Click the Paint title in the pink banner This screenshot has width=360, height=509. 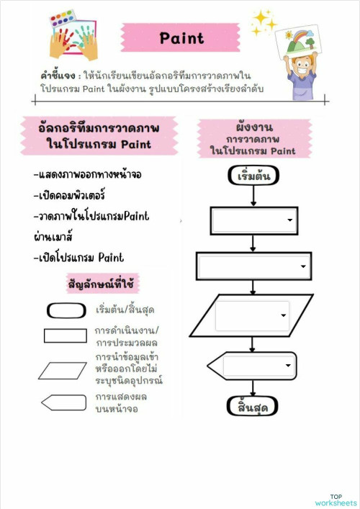tap(181, 38)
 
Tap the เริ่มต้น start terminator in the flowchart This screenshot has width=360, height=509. tap(253, 175)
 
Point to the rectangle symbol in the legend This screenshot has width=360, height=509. tap(65, 336)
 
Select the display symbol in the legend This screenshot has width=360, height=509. tap(64, 402)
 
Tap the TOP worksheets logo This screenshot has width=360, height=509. tap(336, 500)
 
